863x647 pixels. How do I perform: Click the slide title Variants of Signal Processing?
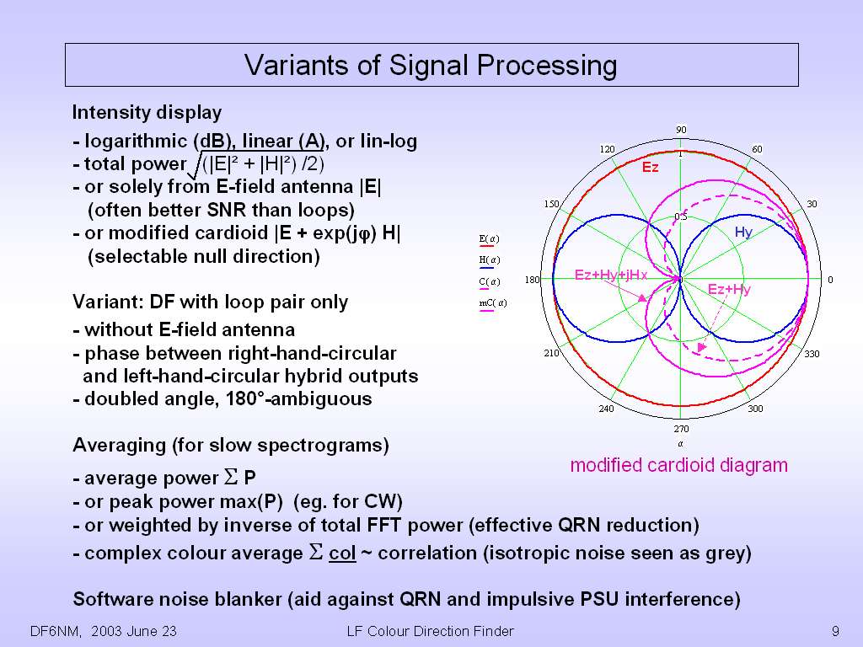tap(431, 65)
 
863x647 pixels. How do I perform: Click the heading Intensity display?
tap(147, 112)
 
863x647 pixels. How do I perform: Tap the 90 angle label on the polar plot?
tap(681, 130)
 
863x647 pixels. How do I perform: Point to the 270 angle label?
tap(681, 429)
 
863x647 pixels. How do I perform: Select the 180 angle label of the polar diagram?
tap(533, 280)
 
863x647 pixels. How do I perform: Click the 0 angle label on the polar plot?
tap(830, 280)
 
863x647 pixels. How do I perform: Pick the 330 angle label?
tap(812, 354)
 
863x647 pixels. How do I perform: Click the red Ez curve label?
tap(651, 168)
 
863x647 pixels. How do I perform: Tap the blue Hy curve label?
tap(743, 232)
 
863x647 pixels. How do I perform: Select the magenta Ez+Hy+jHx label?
tap(611, 275)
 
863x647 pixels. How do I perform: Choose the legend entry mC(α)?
tap(492, 302)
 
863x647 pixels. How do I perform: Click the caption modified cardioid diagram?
tap(678, 465)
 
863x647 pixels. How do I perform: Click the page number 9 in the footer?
tap(834, 630)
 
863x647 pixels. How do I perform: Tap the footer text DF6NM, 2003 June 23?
tap(104, 630)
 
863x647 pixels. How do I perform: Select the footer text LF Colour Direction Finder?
tap(430, 630)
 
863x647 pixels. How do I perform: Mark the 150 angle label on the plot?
tap(550, 205)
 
